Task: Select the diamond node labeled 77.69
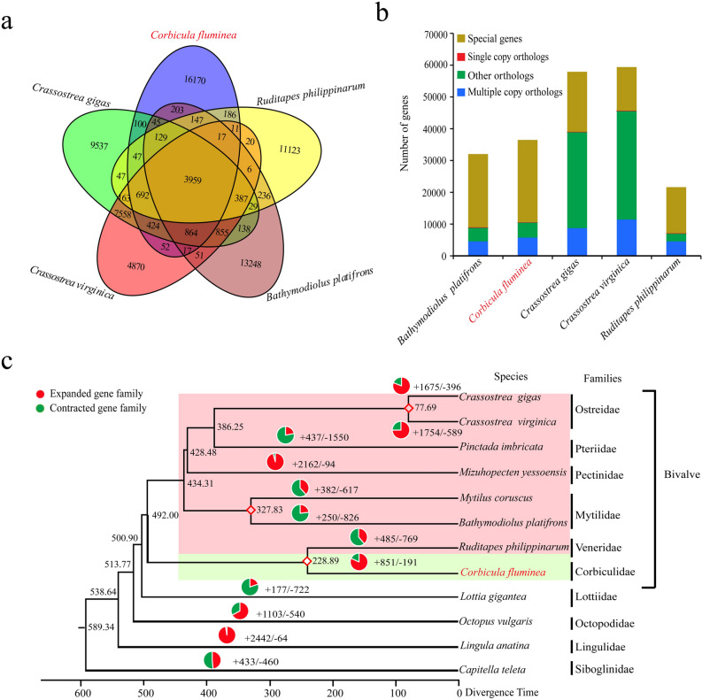click(409, 408)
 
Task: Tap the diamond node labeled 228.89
click(307, 561)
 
